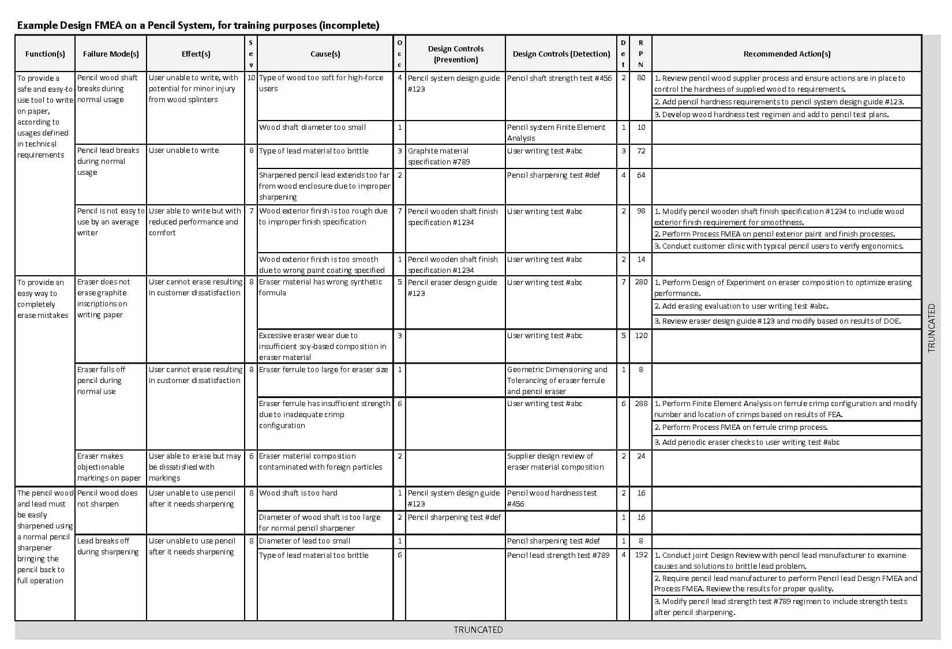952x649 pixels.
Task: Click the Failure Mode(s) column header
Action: (x=111, y=54)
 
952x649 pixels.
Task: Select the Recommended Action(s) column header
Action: (x=786, y=54)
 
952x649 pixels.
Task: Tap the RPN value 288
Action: (x=641, y=404)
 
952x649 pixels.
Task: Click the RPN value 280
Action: (x=641, y=283)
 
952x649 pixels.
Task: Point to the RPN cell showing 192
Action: (x=641, y=556)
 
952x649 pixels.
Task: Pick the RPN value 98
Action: (x=641, y=212)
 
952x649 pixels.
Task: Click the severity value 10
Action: (x=251, y=78)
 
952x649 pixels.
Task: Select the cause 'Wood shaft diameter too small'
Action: (x=312, y=127)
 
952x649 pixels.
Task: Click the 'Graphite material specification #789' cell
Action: (x=438, y=156)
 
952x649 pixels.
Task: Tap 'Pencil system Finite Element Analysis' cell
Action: (x=556, y=133)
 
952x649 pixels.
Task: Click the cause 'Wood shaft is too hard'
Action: (x=298, y=493)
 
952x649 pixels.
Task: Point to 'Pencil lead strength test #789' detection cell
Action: (x=558, y=556)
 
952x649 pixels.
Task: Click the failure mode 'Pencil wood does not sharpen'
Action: (x=107, y=498)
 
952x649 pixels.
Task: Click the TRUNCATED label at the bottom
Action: (x=478, y=630)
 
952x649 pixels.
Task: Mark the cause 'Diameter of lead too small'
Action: (x=305, y=541)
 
